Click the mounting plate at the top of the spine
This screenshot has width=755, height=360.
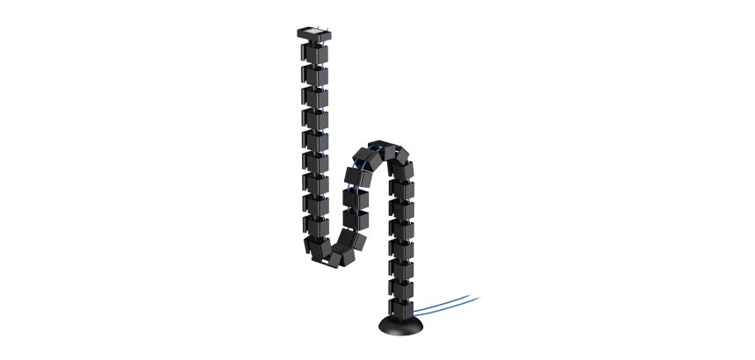pyautogui.click(x=314, y=34)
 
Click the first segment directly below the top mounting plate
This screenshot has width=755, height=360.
pyautogui.click(x=315, y=53)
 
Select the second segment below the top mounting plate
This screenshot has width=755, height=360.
pyautogui.click(x=315, y=75)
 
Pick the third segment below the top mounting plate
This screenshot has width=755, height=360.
pyautogui.click(x=315, y=97)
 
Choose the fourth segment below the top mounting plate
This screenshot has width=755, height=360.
pyautogui.click(x=315, y=119)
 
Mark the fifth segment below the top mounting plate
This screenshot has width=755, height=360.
pyautogui.click(x=315, y=140)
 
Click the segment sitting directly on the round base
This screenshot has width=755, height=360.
pyautogui.click(x=401, y=308)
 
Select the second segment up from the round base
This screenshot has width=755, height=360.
pyautogui.click(x=401, y=289)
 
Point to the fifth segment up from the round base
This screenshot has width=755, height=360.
pyautogui.click(x=401, y=230)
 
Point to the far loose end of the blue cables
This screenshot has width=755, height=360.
pyautogui.click(x=478, y=297)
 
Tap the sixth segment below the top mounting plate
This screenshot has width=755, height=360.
pyautogui.click(x=315, y=162)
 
